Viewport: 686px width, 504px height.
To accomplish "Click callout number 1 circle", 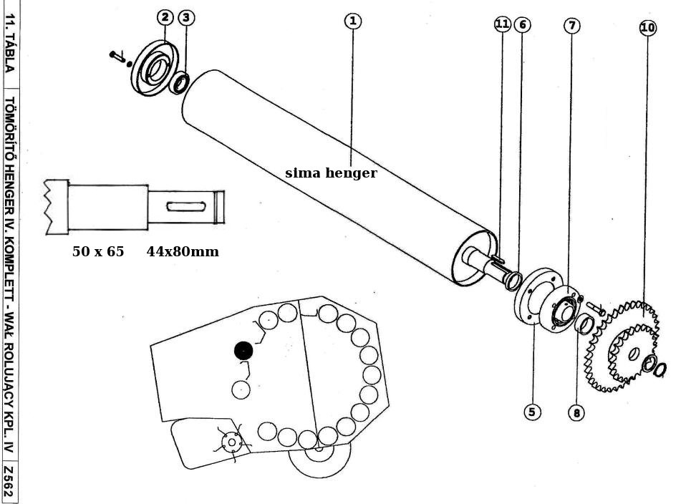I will pyautogui.click(x=352, y=21).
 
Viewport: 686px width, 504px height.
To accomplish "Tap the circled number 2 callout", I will pyautogui.click(x=165, y=16).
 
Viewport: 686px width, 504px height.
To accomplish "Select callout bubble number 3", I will pyautogui.click(x=185, y=16).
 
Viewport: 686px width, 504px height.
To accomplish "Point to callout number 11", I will pyautogui.click(x=502, y=24).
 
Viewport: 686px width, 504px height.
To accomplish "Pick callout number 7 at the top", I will pyautogui.click(x=571, y=25).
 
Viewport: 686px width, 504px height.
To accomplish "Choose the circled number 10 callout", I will pyautogui.click(x=647, y=28).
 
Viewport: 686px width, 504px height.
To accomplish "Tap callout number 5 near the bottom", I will pyautogui.click(x=531, y=412).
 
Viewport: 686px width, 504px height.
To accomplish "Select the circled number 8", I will pyautogui.click(x=576, y=412).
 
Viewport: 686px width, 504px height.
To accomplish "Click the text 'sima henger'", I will pyautogui.click(x=331, y=173).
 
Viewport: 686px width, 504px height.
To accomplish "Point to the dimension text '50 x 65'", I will pyautogui.click(x=98, y=252).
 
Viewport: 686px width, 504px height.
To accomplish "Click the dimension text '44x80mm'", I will pyautogui.click(x=183, y=252).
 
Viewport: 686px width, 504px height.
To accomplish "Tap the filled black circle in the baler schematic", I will pyautogui.click(x=243, y=350).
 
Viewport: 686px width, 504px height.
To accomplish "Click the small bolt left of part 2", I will pyautogui.click(x=117, y=55).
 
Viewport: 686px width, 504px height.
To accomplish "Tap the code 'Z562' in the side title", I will pyautogui.click(x=8, y=483).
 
